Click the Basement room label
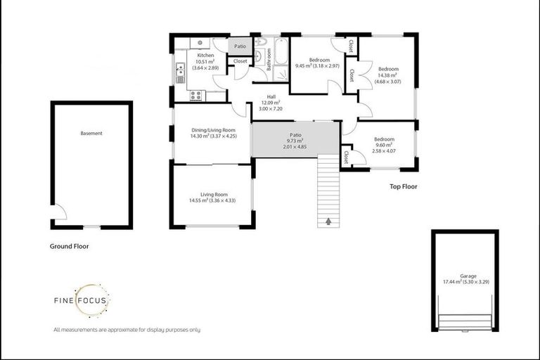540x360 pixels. pyautogui.click(x=91, y=134)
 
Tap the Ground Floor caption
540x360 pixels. pyautogui.click(x=69, y=247)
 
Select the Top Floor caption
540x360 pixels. pyautogui.click(x=404, y=187)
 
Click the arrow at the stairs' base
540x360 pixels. pyautogui.click(x=328, y=221)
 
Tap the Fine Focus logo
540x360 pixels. pyautogui.click(x=82, y=300)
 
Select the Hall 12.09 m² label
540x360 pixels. pyautogui.click(x=270, y=103)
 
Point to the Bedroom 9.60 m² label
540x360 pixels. pyautogui.click(x=384, y=144)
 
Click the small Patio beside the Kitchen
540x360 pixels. pyautogui.click(x=240, y=47)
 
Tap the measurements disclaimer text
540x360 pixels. pyautogui.click(x=127, y=330)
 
